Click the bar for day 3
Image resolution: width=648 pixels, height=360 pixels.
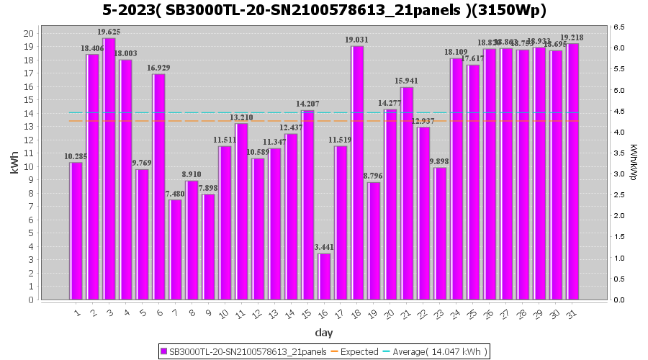109,168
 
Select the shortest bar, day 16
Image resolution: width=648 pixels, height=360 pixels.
325,276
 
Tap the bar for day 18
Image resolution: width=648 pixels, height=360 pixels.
358,173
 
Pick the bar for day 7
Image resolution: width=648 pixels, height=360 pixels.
176,249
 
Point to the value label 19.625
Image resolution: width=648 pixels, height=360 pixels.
109,32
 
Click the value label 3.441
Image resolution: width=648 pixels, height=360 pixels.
325,247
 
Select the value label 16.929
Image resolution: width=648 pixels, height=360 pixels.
159,68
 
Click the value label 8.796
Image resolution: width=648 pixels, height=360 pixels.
374,176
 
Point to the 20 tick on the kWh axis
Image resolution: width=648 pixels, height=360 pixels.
28,34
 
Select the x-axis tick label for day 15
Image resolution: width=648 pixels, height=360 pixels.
307,314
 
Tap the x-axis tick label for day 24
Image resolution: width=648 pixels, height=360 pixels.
456,314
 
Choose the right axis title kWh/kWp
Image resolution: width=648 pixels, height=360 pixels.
633,163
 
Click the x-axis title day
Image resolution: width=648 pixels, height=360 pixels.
324,333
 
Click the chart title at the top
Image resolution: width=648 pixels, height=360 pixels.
324,10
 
